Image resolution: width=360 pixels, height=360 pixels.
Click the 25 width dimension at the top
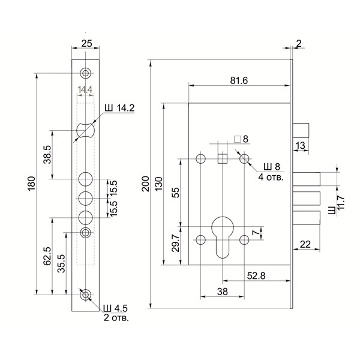[86, 44]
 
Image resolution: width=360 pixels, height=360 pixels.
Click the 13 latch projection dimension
[301, 145]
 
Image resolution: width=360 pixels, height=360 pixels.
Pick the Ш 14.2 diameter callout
[119, 109]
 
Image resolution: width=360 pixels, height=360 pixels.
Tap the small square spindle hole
[222, 158]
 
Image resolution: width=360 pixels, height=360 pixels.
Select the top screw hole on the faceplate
[86, 73]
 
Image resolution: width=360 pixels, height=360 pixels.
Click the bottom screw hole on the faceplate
[86, 295]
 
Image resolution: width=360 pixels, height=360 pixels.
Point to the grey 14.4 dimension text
[85, 91]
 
